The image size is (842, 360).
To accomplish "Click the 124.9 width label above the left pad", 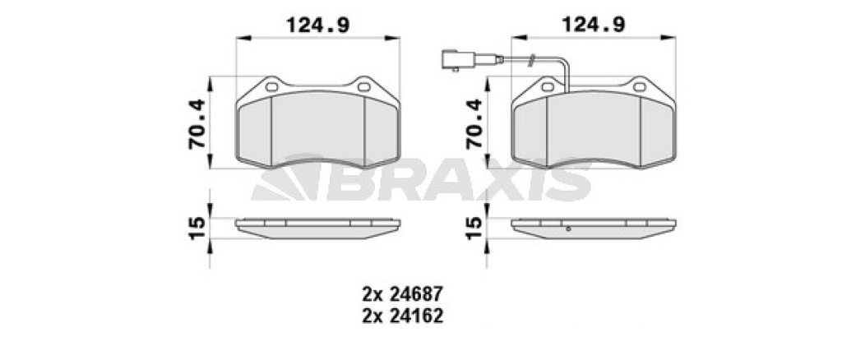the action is coord(318,25).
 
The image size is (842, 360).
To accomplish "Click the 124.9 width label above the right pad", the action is coord(594,25).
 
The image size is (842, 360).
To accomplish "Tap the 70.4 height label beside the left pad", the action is coord(197,124).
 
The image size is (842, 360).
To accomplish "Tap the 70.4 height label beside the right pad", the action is coord(474,124).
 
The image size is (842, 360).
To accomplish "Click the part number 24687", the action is coord(416,293).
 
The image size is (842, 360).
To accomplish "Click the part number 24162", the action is coord(416,316).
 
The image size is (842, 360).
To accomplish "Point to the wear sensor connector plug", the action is coord(457,59).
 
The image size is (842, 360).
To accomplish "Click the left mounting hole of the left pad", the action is coord(272,86).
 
